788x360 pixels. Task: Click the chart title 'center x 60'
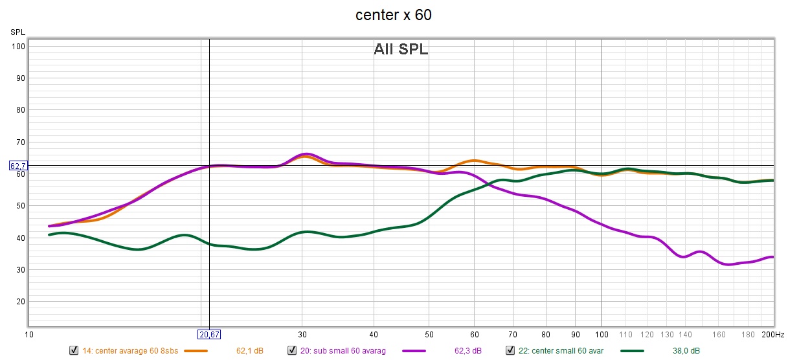[x=393, y=15]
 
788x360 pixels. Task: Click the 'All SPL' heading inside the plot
[x=401, y=49]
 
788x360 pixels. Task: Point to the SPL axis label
[x=17, y=32]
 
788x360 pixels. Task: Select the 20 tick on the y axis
[x=19, y=302]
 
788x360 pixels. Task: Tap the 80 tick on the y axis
[x=19, y=110]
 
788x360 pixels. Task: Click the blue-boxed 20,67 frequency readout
[x=209, y=335]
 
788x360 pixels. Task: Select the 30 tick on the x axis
[x=302, y=335]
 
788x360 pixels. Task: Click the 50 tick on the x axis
[x=429, y=335]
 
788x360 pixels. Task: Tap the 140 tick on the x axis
[x=686, y=335]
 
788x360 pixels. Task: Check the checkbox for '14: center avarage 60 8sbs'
[x=74, y=350]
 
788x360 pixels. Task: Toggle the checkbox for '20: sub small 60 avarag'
[x=291, y=350]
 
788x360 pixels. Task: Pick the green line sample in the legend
[x=636, y=351]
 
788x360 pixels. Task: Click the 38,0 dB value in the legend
[x=686, y=351]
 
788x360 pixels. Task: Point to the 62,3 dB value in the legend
[x=468, y=351]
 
